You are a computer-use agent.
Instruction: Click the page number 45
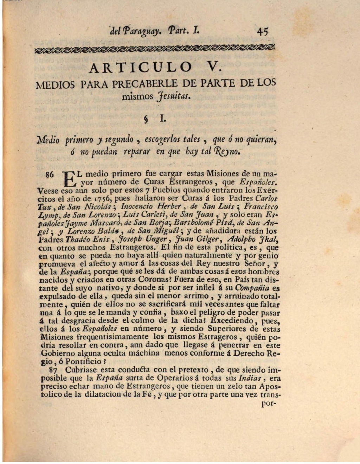click(263, 32)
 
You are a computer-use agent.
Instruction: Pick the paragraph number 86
click(50, 174)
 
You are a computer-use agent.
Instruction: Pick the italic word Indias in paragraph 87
click(249, 378)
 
